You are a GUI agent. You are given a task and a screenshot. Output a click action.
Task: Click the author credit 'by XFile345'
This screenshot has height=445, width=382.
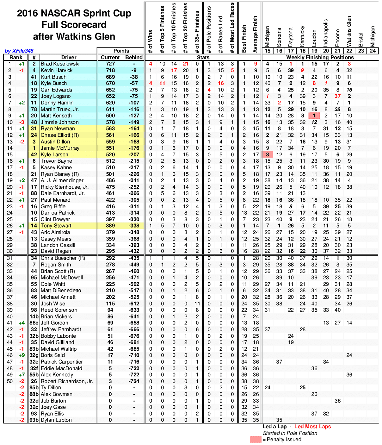click(x=19, y=51)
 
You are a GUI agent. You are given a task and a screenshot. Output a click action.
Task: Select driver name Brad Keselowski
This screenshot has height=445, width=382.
click(x=56, y=64)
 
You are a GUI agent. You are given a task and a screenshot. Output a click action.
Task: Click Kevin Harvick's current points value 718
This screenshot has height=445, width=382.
click(x=110, y=70)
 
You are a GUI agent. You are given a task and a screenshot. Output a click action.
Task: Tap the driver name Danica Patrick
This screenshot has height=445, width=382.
click(x=58, y=213)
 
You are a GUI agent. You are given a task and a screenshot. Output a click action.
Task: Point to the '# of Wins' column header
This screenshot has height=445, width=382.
click(x=151, y=41)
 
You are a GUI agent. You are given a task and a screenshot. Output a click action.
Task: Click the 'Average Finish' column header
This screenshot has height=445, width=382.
click(x=256, y=34)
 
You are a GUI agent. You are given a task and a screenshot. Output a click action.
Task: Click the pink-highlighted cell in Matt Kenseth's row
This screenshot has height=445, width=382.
click(x=314, y=116)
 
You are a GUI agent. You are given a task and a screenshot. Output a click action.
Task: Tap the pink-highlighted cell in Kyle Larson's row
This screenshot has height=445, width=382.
click(x=268, y=154)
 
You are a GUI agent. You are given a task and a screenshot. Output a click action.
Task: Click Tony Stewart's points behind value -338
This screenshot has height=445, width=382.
click(x=134, y=226)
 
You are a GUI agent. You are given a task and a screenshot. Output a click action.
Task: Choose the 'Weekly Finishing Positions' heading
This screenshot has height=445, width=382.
click(x=320, y=57)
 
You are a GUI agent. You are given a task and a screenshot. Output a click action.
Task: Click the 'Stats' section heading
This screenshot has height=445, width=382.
click(x=203, y=57)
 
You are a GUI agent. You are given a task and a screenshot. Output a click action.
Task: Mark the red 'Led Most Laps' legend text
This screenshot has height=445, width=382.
click(x=312, y=427)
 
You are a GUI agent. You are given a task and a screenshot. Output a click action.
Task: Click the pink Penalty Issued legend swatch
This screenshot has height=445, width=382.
click(x=256, y=440)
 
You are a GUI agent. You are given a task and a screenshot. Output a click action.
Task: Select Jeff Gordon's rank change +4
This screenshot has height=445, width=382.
click(x=22, y=323)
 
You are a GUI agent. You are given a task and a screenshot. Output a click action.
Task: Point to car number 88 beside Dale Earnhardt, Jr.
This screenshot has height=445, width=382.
click(x=34, y=193)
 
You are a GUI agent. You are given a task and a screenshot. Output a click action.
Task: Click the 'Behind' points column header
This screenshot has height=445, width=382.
click(x=134, y=57)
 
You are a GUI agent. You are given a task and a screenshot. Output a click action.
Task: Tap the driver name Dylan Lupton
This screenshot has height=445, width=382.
click(x=56, y=420)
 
